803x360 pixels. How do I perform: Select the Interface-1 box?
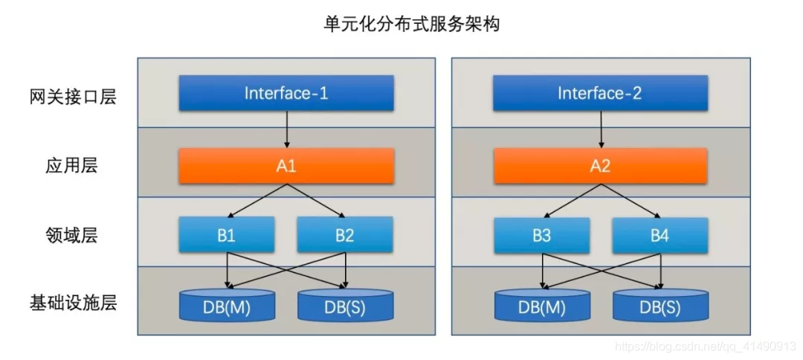click(286, 93)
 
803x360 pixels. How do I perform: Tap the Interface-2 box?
click(600, 93)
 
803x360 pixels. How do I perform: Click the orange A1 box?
click(286, 165)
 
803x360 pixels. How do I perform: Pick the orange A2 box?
click(600, 165)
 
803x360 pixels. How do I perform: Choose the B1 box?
click(227, 235)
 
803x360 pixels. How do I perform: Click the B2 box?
click(345, 235)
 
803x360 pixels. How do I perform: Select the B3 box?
click(541, 235)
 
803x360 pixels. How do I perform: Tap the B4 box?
click(660, 235)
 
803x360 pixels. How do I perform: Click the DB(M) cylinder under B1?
click(227, 305)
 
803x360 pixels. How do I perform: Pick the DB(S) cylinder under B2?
click(345, 305)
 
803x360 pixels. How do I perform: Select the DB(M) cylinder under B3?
click(541, 305)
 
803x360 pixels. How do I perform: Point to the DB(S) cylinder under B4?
click(660, 305)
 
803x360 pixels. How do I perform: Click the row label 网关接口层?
click(74, 97)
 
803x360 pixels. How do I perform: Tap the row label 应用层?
click(72, 165)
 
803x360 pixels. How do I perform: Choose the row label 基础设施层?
click(74, 303)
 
